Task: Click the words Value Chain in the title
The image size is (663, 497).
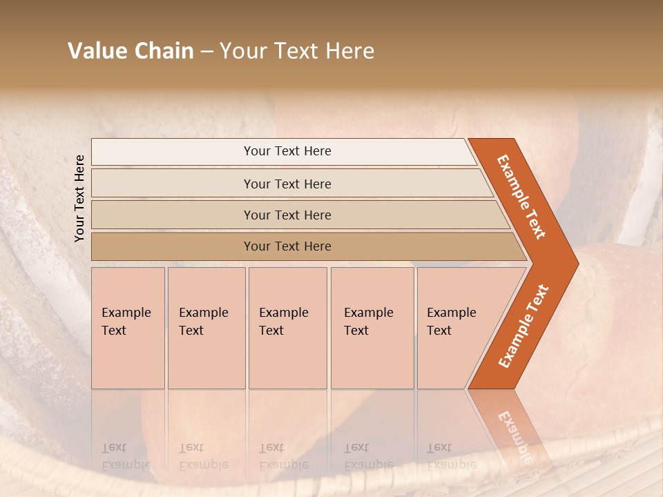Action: (x=131, y=51)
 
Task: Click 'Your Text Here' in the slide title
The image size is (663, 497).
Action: (x=297, y=51)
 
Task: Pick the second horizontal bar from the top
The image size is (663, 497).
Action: (x=287, y=184)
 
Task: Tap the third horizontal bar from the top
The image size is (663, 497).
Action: (x=287, y=215)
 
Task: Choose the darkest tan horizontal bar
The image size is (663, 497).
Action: (x=287, y=246)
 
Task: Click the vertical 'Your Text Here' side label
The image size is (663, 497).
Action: (x=79, y=199)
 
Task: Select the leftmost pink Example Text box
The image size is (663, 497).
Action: (x=128, y=328)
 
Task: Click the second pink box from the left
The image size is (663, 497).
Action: (x=206, y=328)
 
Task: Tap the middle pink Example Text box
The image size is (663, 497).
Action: (x=287, y=328)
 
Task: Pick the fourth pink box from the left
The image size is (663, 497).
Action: (x=372, y=328)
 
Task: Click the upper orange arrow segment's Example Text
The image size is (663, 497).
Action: (x=521, y=197)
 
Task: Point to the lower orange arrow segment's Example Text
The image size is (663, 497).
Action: (x=523, y=327)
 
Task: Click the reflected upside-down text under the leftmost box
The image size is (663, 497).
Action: (x=126, y=456)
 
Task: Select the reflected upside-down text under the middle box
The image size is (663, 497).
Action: (x=283, y=456)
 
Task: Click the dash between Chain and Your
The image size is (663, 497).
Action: (x=206, y=51)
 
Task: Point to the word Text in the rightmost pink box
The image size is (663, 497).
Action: (x=439, y=331)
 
